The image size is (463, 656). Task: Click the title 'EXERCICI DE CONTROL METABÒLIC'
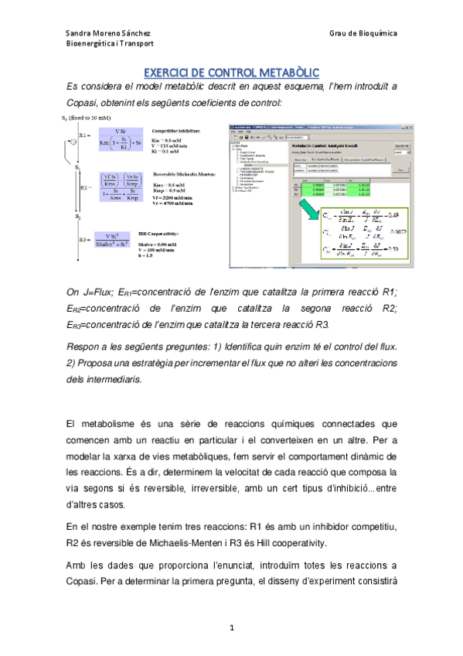232,70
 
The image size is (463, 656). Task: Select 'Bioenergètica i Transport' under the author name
110,44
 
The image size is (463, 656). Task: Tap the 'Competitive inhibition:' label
176,131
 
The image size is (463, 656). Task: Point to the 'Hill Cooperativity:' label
174,230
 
